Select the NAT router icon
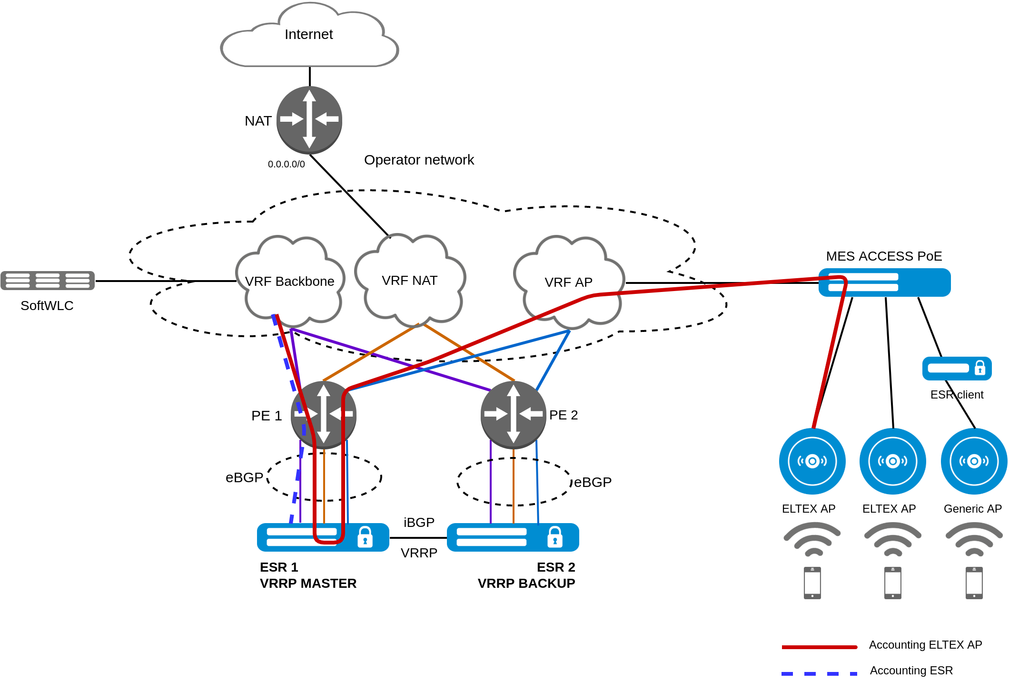coord(309,119)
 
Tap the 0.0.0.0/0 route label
coord(286,165)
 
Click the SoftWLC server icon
coord(48,280)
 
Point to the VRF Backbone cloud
coord(289,282)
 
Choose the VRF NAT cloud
coord(409,281)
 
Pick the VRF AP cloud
coord(568,282)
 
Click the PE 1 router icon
coord(324,415)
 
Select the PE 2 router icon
coord(513,415)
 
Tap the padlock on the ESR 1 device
coord(365,537)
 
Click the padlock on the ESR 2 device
coord(555,537)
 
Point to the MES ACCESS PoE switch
coord(884,282)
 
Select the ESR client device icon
coord(957,369)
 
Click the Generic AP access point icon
coord(974,461)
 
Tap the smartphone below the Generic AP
coord(974,583)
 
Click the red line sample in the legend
coord(819,647)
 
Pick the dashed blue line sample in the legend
coord(819,673)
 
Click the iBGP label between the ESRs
coord(419,523)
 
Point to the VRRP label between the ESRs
coord(419,553)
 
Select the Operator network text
coord(419,160)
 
